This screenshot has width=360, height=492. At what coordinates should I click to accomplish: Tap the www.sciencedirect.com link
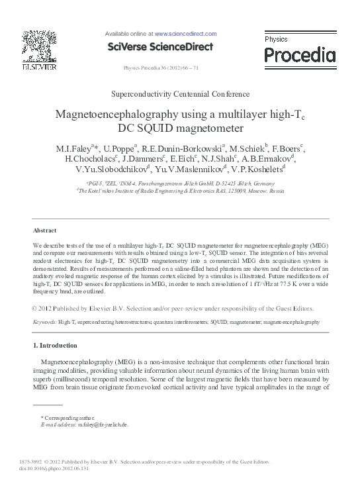[185, 32]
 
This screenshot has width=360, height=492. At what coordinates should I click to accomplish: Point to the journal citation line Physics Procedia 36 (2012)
[161, 68]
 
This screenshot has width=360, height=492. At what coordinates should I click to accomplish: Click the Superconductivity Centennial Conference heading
[180, 95]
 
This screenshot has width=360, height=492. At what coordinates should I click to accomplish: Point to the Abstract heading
[44, 230]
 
